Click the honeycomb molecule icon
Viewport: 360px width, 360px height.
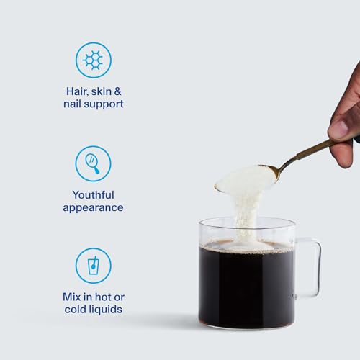point(93,60)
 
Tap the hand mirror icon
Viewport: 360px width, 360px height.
point(93,163)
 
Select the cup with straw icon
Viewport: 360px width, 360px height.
point(93,266)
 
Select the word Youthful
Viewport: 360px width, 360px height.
point(93,194)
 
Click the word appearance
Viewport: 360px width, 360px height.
point(93,207)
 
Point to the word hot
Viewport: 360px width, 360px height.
point(101,297)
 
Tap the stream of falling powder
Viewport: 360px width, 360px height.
point(245,216)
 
